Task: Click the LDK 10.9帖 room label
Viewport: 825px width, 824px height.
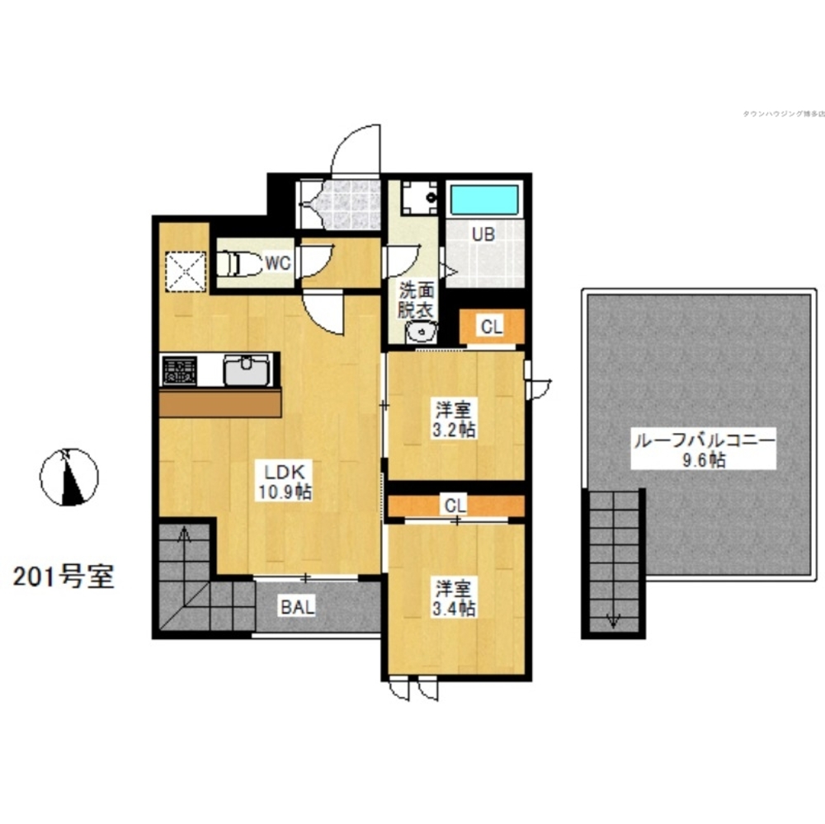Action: pyautogui.click(x=286, y=483)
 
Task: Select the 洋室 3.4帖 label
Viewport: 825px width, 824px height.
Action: pyautogui.click(x=455, y=599)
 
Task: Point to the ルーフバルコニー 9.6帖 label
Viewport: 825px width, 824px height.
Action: pyautogui.click(x=703, y=450)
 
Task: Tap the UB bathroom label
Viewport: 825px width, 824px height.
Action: pyautogui.click(x=483, y=233)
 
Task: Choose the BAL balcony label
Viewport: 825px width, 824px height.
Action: pyautogui.click(x=296, y=608)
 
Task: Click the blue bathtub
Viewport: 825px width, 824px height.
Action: pyautogui.click(x=483, y=201)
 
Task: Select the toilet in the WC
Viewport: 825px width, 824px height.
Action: pyautogui.click(x=235, y=264)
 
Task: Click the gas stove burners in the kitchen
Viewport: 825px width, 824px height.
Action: pyautogui.click(x=179, y=370)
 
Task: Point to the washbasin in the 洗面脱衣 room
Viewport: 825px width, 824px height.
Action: pyautogui.click(x=423, y=332)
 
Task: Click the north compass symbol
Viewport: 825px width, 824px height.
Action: pyautogui.click(x=69, y=477)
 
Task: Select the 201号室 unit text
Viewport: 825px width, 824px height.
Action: pyautogui.click(x=63, y=577)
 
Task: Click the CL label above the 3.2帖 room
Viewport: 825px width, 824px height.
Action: pyautogui.click(x=492, y=327)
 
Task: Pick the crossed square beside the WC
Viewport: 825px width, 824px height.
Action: pyautogui.click(x=184, y=269)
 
